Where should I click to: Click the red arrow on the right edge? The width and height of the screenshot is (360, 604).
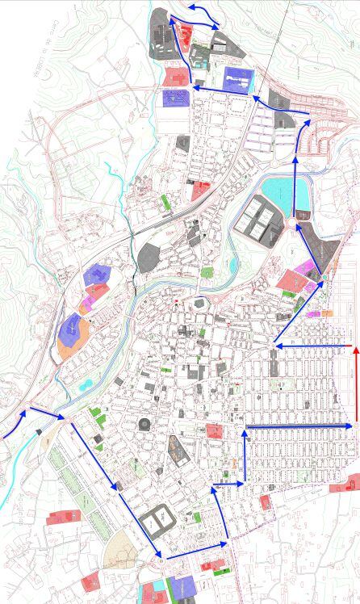point(356,388)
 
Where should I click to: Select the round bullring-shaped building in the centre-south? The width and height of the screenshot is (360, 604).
point(144,424)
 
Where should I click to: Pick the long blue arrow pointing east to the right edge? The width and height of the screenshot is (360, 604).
point(299,426)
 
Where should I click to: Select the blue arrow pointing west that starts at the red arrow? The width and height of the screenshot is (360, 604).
point(315,346)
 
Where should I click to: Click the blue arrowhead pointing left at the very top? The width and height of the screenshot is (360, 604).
point(193,8)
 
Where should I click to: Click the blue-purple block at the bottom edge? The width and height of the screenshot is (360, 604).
point(182,588)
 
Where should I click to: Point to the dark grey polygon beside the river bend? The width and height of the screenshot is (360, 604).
point(149,258)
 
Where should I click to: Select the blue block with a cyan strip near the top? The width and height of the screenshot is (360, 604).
point(238,81)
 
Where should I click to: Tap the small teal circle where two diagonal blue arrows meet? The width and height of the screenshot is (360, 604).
point(324,278)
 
